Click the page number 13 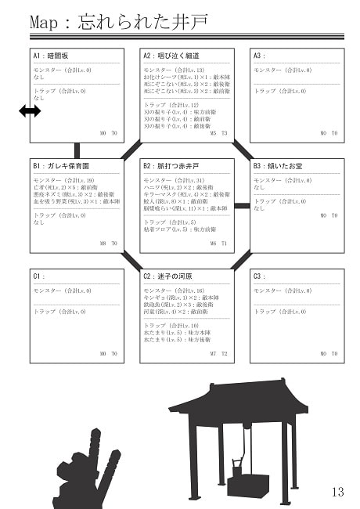pyautogui.click(x=337, y=492)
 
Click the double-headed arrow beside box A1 pyautogui.click(x=30, y=112)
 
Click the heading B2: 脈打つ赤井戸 pyautogui.click(x=171, y=167)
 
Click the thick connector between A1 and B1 pyautogui.click(x=77, y=150)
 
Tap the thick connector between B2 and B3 pyautogui.click(x=243, y=205)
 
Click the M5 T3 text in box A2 pyautogui.click(x=218, y=133)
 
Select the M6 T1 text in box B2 pyautogui.click(x=218, y=244)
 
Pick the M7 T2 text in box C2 pyautogui.click(x=218, y=354)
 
